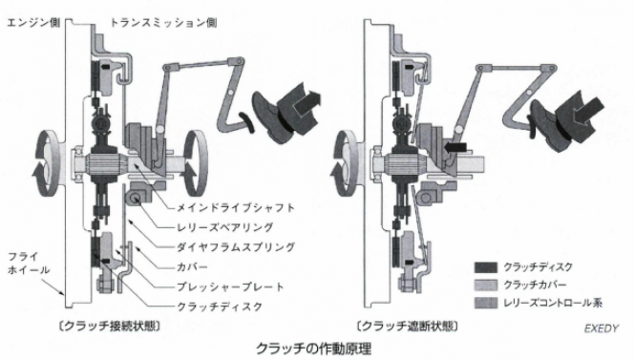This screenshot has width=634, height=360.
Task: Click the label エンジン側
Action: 33,23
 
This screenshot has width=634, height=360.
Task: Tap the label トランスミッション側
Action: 163,23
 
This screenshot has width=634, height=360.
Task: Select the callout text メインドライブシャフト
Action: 236,208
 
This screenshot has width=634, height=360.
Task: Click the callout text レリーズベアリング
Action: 225,227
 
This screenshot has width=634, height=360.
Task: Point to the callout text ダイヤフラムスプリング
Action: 236,247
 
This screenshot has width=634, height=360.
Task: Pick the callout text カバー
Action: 193,267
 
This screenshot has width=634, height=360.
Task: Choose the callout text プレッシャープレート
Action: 231,287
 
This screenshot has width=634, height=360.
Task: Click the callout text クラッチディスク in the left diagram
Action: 220,307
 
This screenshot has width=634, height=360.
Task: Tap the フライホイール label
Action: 29,263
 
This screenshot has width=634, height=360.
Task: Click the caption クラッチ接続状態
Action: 109,326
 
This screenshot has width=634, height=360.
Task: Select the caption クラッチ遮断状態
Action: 408,326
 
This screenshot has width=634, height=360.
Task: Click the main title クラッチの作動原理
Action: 314,349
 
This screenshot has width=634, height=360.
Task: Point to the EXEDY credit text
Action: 602,328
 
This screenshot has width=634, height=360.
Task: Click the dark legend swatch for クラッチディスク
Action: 486,267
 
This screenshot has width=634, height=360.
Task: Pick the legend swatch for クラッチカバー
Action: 486,286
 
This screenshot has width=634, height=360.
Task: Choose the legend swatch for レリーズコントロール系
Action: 486,303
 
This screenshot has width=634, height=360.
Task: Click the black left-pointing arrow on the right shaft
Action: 455,147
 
